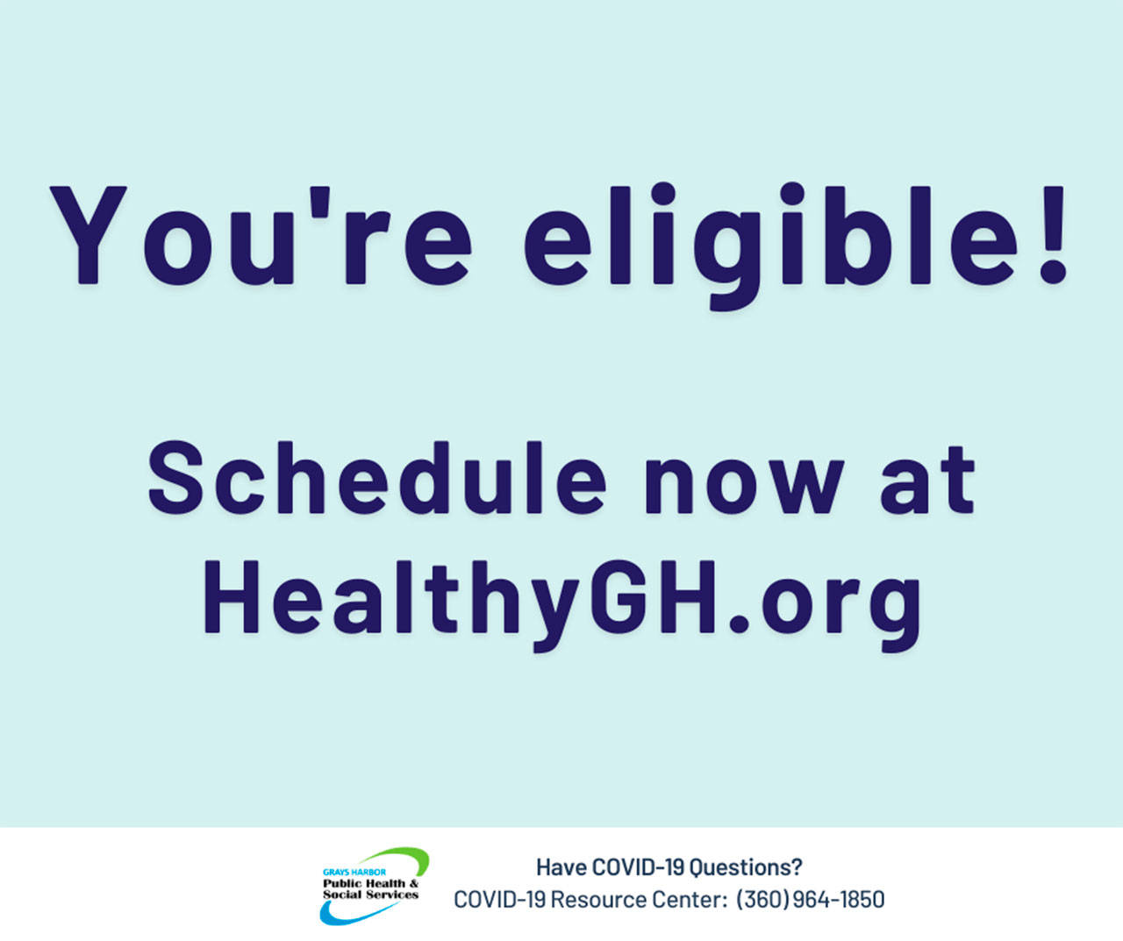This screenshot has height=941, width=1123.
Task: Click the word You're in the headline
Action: tap(261, 235)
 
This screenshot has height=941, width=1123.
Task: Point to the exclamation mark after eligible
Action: tap(1053, 235)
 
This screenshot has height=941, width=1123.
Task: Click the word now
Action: tap(744, 487)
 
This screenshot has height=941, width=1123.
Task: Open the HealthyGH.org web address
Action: tap(561, 606)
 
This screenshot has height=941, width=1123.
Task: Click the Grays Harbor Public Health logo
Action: tap(375, 887)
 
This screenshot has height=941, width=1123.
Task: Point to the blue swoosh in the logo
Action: tap(349, 914)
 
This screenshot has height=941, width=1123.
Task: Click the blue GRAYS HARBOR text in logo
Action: tap(354, 873)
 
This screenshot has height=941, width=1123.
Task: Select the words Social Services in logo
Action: tap(370, 895)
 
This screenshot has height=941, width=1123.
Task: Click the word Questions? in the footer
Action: tap(746, 867)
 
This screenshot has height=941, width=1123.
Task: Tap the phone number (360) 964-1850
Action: tap(810, 900)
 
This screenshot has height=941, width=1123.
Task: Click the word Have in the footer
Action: tap(561, 867)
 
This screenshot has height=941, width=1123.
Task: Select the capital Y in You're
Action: tap(89, 235)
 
